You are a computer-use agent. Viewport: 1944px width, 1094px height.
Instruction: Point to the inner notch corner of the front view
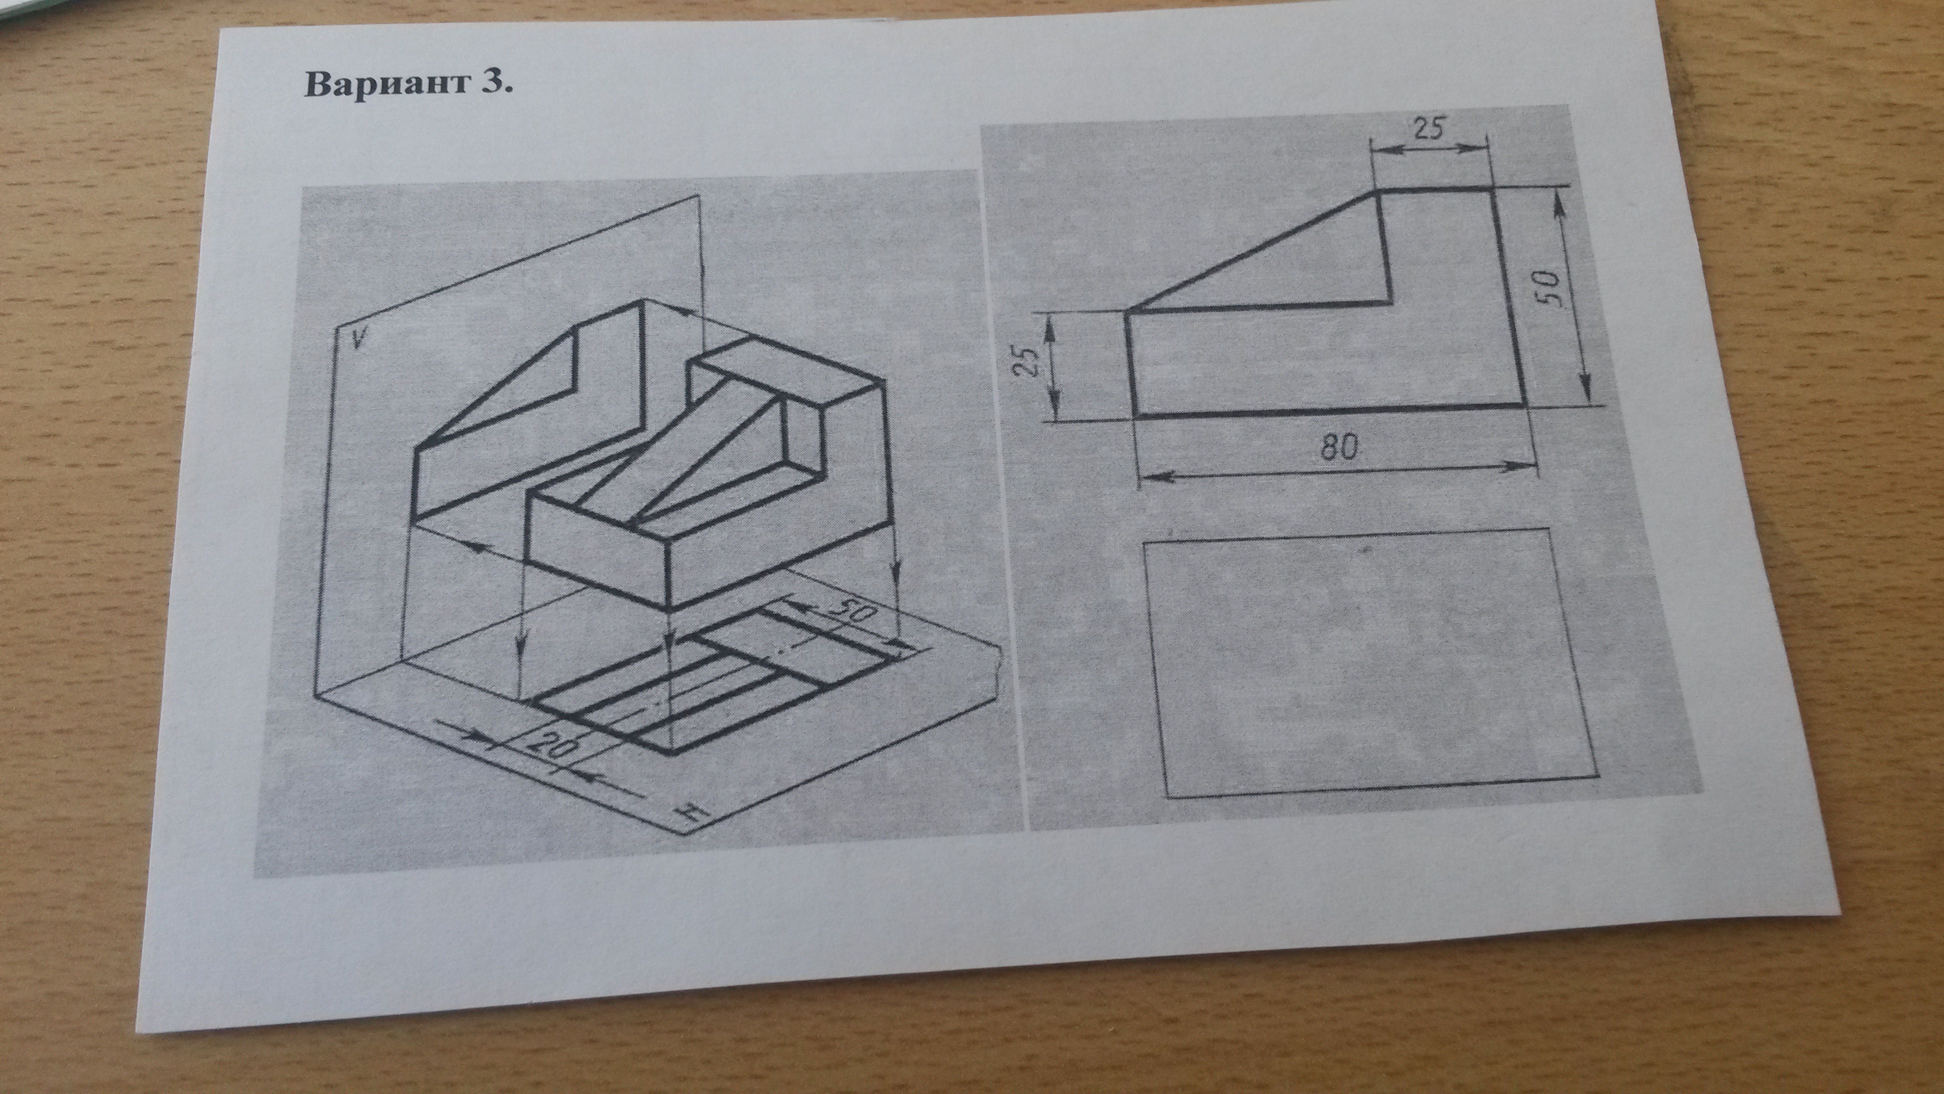click(x=1390, y=302)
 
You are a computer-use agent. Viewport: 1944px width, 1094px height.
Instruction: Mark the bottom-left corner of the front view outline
click(x=1134, y=415)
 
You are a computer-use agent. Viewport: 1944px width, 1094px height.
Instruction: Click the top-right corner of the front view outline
click(x=1492, y=192)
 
